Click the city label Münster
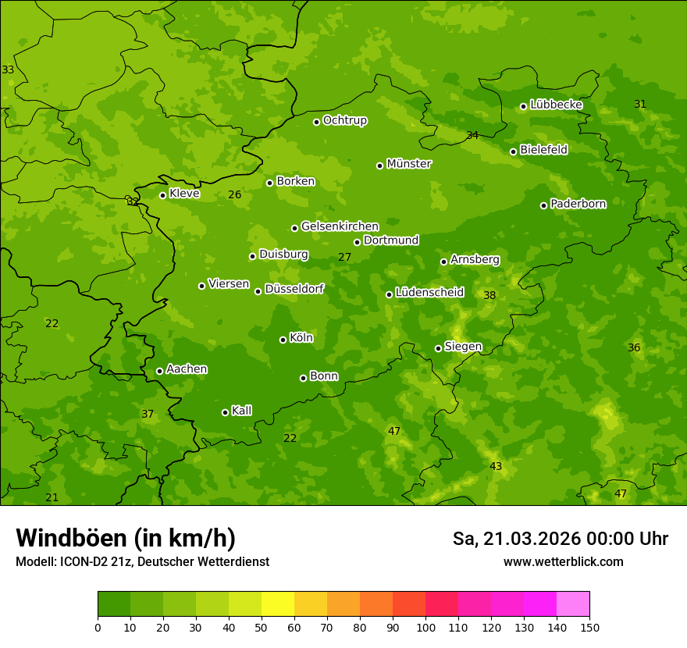(409, 164)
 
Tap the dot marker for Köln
(283, 340)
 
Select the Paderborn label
(578, 204)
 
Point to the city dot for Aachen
(159, 371)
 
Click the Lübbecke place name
(556, 105)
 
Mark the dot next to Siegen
(438, 348)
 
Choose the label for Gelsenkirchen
(340, 226)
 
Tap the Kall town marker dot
(225, 412)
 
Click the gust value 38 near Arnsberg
(489, 295)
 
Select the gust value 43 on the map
(496, 466)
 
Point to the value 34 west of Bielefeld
(472, 135)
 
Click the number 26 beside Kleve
(234, 194)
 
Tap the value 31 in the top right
(640, 104)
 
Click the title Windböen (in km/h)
(126, 539)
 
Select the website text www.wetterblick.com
(563, 561)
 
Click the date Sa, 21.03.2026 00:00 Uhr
(560, 539)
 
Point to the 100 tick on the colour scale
(425, 627)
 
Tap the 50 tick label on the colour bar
(262, 627)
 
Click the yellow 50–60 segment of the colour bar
(278, 603)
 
